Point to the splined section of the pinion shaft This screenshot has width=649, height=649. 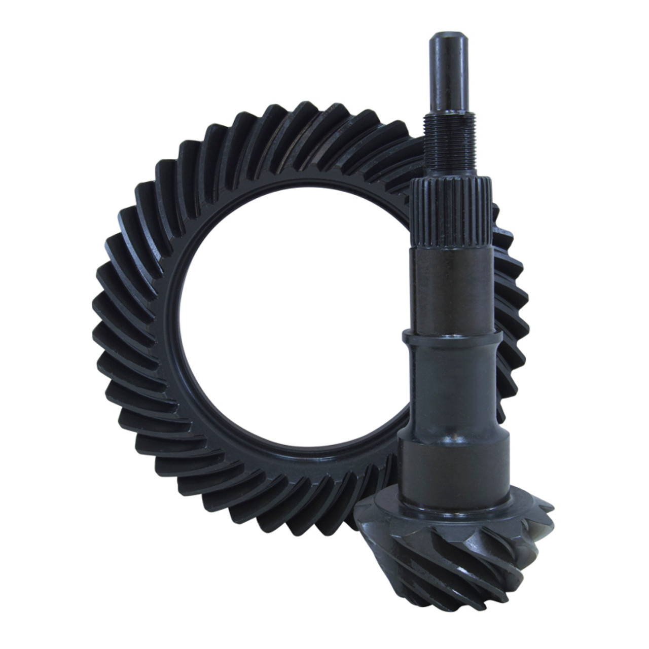451,213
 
